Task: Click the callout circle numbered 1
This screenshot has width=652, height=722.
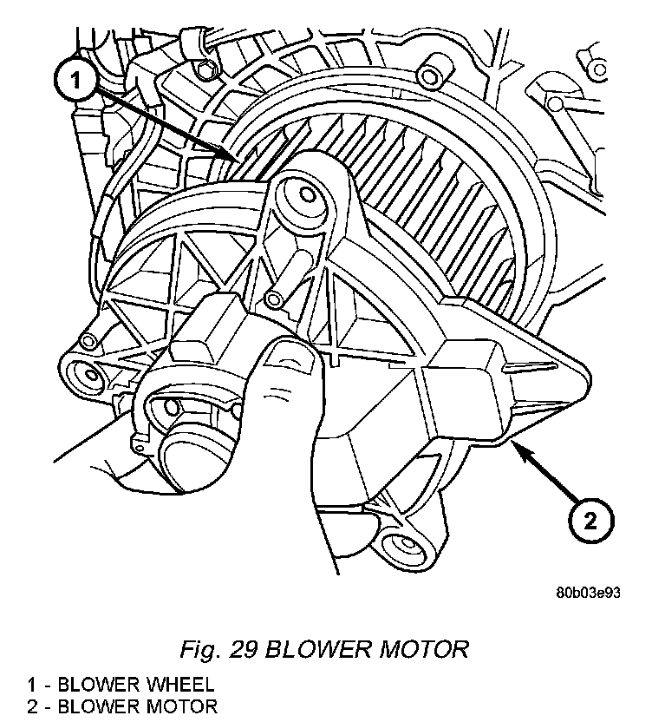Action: pos(75,81)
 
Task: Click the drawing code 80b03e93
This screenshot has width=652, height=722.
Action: pos(590,594)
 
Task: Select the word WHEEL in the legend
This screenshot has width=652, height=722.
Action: pos(174,686)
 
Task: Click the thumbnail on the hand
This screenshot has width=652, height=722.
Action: pos(288,356)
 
